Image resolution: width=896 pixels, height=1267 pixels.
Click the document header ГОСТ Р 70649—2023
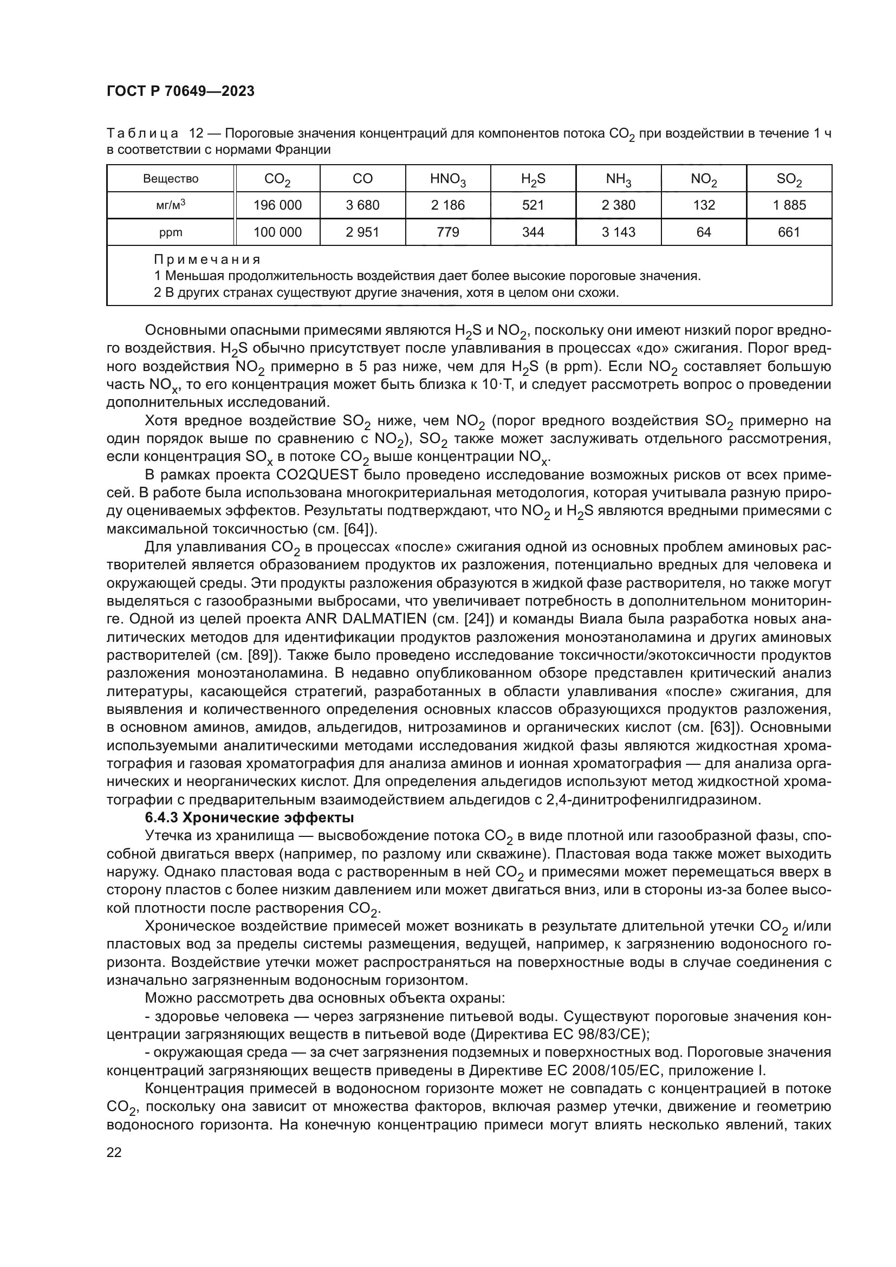click(180, 92)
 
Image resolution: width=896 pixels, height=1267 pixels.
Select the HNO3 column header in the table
click(448, 179)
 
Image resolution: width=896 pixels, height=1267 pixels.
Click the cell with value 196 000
click(277, 205)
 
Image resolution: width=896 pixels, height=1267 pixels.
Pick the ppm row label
click(171, 232)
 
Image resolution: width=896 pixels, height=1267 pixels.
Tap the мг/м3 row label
click(171, 205)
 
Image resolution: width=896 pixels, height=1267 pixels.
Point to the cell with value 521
click(533, 205)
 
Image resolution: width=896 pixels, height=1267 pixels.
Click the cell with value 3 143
click(619, 232)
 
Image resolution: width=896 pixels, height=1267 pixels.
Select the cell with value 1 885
click(789, 205)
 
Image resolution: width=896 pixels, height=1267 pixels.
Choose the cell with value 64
click(704, 232)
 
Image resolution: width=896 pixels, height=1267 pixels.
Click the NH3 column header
click(619, 179)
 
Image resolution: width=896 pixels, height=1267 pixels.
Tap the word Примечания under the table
click(207, 259)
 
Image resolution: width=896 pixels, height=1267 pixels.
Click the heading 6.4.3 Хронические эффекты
click(249, 817)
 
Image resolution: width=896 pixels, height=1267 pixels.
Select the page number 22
click(114, 1152)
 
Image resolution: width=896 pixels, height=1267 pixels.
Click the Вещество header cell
click(171, 179)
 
